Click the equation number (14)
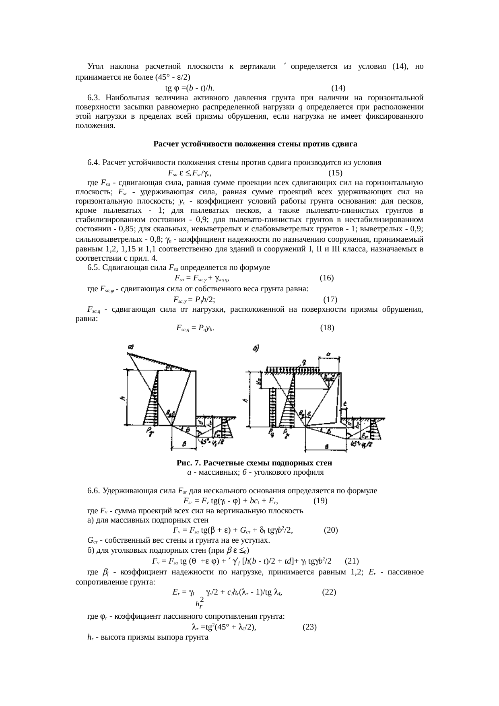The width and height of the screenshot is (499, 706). (x=338, y=88)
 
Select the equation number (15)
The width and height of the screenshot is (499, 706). (x=335, y=173)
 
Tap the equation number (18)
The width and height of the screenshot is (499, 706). (x=327, y=327)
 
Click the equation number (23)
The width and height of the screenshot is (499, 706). (x=309, y=626)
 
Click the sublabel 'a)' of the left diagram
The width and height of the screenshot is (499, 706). (x=130, y=346)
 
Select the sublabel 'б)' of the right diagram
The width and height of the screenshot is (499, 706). (x=256, y=348)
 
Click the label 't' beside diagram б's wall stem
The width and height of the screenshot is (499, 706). (x=345, y=404)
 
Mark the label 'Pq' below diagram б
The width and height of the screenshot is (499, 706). (x=271, y=432)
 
